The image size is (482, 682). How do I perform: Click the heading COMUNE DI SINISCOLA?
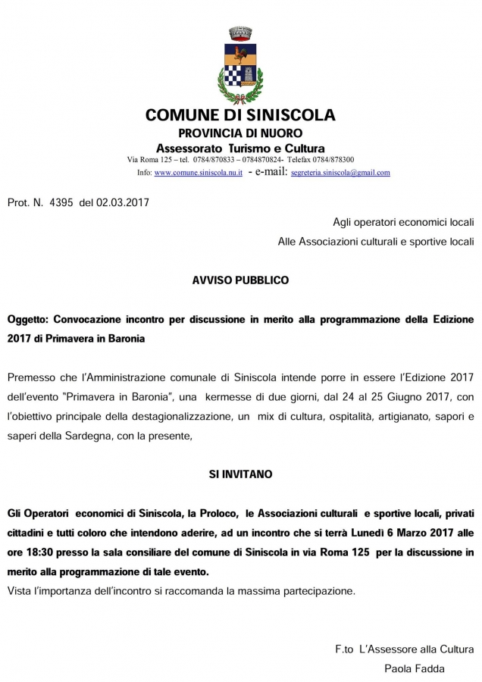[240, 116]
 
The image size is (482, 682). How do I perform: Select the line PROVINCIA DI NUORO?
[240, 133]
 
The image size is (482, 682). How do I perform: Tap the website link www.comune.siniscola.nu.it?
[199, 173]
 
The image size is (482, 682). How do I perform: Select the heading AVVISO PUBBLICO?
[240, 280]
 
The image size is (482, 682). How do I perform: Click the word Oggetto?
[27, 320]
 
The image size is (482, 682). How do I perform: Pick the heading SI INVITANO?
[240, 474]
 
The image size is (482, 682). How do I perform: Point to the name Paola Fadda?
[414, 668]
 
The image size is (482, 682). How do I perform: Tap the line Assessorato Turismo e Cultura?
[240, 148]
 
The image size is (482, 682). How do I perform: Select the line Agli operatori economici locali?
[403, 222]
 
